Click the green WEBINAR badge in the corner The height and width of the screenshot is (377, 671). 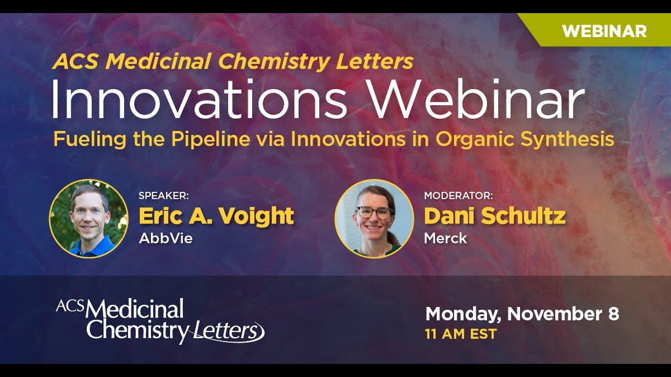(603, 31)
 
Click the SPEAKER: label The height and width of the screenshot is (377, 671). (164, 196)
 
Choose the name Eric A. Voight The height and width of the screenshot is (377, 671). (216, 216)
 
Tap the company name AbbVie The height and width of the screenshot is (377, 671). (166, 238)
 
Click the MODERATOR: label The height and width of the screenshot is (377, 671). (458, 196)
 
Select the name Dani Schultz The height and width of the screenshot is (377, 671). (494, 216)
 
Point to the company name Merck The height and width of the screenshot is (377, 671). (445, 238)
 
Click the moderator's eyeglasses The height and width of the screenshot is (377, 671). (374, 213)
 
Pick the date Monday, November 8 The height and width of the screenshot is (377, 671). (522, 314)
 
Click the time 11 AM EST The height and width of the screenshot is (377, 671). (461, 334)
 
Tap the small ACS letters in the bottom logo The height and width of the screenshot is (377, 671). (70, 306)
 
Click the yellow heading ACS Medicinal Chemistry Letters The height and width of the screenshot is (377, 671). (233, 62)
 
